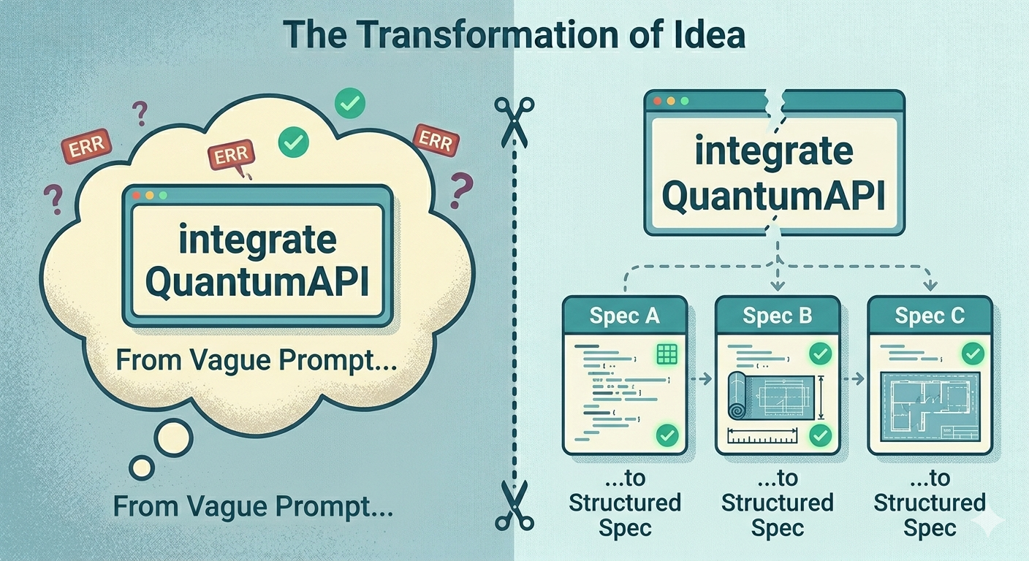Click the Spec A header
624,316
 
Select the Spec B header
777,316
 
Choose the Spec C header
930,316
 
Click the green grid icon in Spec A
667,355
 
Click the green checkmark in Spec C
971,355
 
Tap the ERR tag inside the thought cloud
231,156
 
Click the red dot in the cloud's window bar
137,196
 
